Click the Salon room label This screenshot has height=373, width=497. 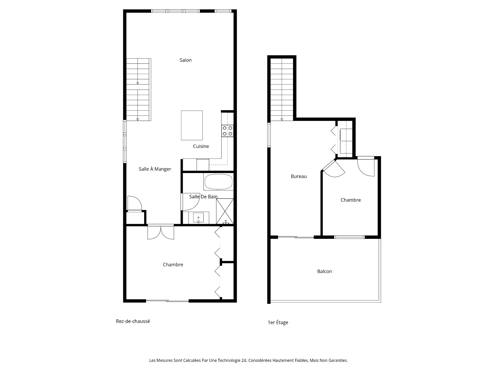tap(186, 60)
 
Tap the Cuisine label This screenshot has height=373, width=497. tap(201, 146)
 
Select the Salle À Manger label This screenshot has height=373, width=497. tap(155, 169)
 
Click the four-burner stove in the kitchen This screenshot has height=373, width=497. tap(228, 131)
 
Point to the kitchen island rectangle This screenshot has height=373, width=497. tap(192, 125)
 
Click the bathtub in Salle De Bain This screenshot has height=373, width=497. tap(219, 182)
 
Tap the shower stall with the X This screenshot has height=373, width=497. tap(225, 211)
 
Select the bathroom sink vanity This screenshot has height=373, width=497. tap(199, 218)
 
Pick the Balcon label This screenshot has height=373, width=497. tap(324, 271)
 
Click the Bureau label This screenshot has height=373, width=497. tap(298, 176)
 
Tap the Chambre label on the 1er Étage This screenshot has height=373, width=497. tap(350, 200)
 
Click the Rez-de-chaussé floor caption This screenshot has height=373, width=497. tap(133, 321)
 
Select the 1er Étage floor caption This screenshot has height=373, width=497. tap(278, 322)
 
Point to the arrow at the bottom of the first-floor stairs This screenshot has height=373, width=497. tap(282, 119)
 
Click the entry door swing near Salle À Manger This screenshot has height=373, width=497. tap(134, 204)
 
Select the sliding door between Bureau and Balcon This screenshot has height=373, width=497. tap(296, 237)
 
